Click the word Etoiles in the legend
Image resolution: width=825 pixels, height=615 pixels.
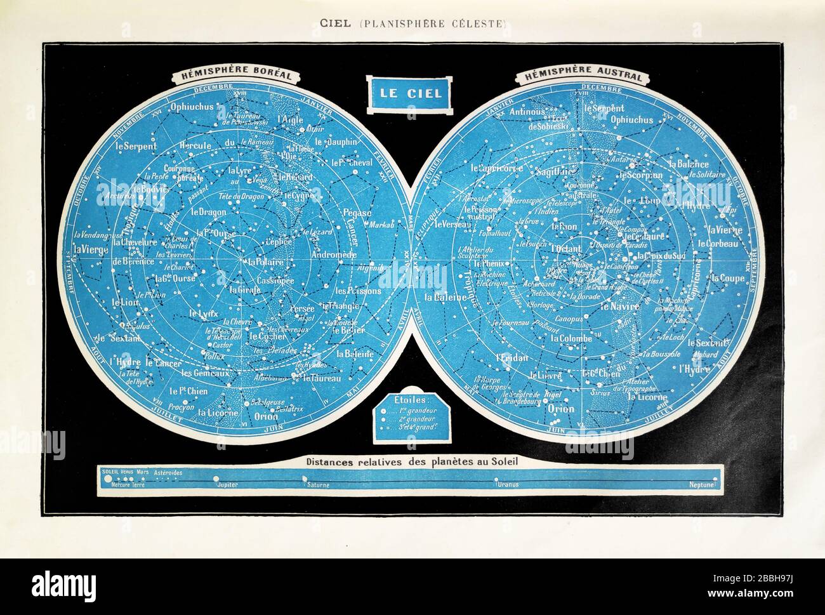411,400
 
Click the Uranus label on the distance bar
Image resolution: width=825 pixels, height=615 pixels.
508,484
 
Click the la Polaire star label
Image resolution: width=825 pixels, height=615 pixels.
265,261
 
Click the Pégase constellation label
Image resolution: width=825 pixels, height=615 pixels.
357,213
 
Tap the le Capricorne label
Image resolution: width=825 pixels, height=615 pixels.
497,169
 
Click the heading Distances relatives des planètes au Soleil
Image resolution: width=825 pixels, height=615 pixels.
412,462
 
